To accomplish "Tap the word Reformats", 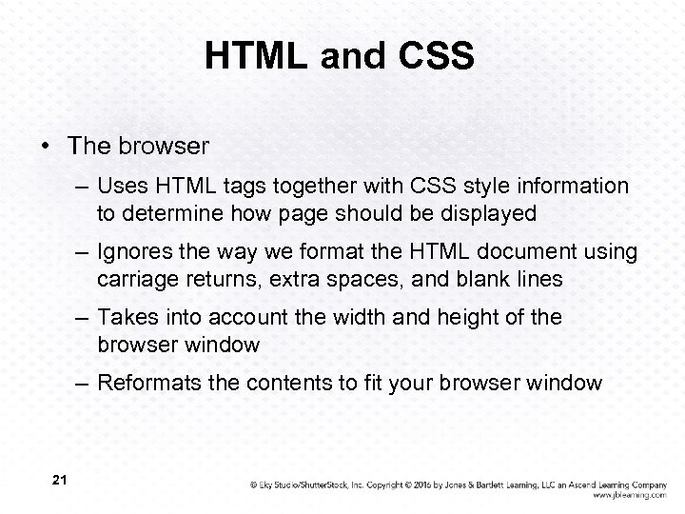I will tap(151, 384).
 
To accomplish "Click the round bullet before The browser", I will tap(46, 148).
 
